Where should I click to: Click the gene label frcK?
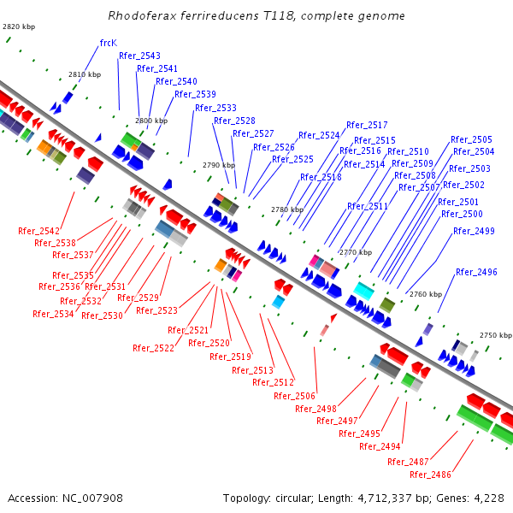pos(108,43)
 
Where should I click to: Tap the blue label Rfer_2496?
pos(476,272)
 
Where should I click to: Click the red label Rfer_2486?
pos(430,475)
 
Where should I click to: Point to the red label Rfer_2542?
pos(38,231)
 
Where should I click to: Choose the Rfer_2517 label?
pos(367,125)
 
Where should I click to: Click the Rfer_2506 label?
pos(294,396)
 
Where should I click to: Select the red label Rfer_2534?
pos(53,314)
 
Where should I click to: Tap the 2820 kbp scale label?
pos(19,27)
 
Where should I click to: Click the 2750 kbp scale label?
pos(495,336)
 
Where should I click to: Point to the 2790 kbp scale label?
pos(218,165)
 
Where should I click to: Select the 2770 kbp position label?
pos(355,252)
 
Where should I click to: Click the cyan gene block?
pos(363,291)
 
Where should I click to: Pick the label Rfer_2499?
pos(473,231)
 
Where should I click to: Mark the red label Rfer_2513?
pos(252,370)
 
